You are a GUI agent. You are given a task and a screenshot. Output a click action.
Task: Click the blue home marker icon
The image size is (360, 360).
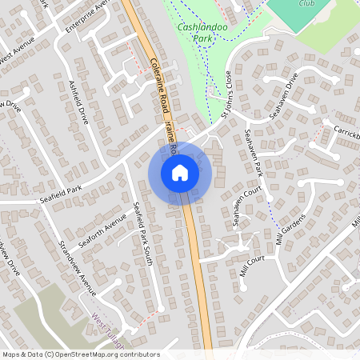pos(179,172)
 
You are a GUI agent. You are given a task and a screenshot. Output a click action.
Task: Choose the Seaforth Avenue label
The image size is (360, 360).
pos(103,231)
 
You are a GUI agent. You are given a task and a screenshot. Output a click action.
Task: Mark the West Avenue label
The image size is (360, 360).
pos(16,58)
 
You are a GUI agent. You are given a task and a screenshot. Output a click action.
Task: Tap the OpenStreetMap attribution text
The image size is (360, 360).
pos(80,354)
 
